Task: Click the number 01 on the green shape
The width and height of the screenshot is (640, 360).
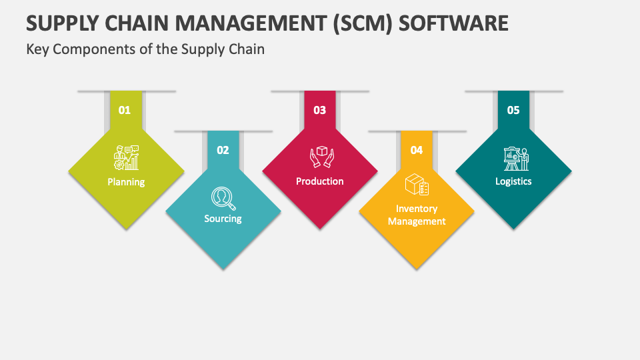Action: tap(125, 110)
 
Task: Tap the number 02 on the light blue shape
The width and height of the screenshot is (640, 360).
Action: tap(223, 150)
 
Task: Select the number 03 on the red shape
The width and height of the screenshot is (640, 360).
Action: tap(319, 110)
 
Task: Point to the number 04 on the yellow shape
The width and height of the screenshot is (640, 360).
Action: tap(417, 150)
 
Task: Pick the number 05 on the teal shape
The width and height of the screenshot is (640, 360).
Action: tap(513, 110)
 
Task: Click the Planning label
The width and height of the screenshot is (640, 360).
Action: tap(126, 181)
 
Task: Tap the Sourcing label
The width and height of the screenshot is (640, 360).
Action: tap(223, 219)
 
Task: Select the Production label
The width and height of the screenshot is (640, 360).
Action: tap(320, 181)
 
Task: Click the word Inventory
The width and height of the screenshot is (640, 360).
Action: tap(417, 209)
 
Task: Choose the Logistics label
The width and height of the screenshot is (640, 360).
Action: tap(513, 181)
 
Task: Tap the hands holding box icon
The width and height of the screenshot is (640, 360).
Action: tap(320, 157)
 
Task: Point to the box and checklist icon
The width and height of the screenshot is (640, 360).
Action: tap(417, 185)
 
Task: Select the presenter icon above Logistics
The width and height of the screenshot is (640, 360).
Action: tap(514, 159)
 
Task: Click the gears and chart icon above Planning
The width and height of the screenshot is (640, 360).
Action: tap(126, 157)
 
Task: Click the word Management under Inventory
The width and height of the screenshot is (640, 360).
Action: tap(417, 221)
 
